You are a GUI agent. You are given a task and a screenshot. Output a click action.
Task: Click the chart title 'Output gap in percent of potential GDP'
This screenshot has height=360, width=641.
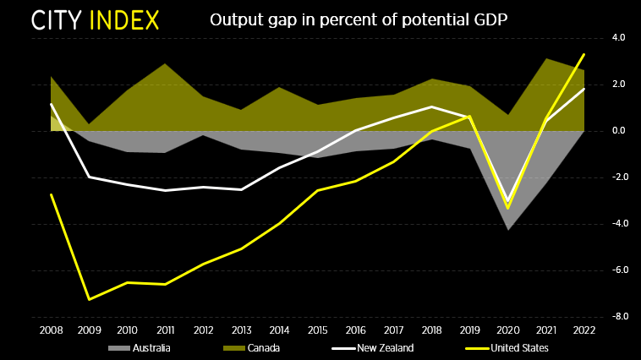point(359,19)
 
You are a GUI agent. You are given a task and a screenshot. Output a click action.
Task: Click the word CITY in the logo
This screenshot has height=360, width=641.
point(58,20)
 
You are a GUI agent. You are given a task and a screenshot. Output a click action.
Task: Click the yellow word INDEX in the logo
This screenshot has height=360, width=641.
point(124,20)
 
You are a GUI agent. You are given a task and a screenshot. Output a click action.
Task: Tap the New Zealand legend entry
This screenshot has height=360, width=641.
point(373,348)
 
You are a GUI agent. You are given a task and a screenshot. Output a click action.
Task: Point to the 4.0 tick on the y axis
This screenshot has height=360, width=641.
point(618,38)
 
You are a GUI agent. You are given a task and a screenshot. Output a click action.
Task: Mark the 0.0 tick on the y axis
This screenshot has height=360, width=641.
point(618,131)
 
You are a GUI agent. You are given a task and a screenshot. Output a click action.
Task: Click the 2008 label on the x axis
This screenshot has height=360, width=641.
point(51,330)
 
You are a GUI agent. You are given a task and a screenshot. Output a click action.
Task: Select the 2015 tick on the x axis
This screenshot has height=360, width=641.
point(317,330)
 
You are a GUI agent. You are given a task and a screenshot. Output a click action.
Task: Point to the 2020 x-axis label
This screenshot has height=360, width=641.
point(507,330)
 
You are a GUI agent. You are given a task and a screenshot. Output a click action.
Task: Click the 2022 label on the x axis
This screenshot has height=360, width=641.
point(583,330)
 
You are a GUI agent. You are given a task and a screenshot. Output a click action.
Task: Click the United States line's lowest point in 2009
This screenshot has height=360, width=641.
point(89,299)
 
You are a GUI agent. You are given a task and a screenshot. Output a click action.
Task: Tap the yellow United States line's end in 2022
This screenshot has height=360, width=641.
point(583,55)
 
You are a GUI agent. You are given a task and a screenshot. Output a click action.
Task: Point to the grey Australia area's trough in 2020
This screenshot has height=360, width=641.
point(507,229)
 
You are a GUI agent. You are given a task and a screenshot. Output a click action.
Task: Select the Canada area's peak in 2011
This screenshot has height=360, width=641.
point(165,64)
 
